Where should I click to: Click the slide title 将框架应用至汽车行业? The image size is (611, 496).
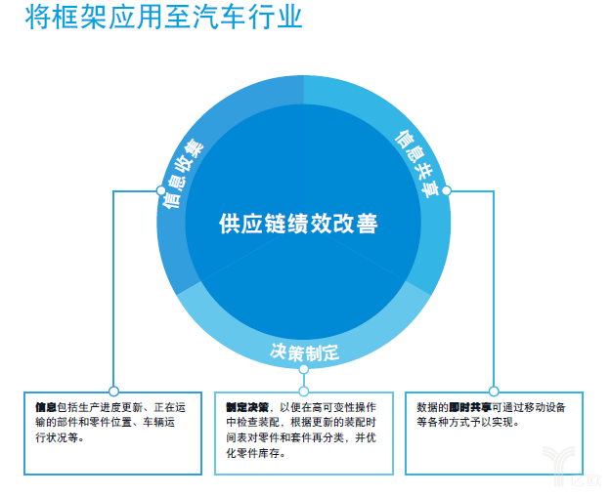(163, 19)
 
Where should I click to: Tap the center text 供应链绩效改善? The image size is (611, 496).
(298, 223)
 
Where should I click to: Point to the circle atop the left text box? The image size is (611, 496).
(113, 391)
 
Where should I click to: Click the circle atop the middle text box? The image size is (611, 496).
(303, 391)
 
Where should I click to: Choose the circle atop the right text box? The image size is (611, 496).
(494, 391)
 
